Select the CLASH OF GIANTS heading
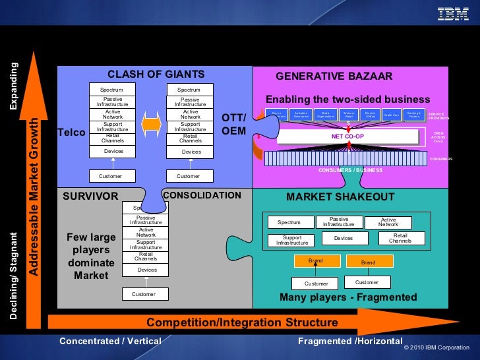pyautogui.click(x=156, y=74)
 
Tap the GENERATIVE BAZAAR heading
pyautogui.click(x=334, y=76)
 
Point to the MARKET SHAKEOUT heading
pyautogui.click(x=340, y=197)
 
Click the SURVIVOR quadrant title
pyautogui.click(x=90, y=196)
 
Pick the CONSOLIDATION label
pyautogui.click(x=202, y=196)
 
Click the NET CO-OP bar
pyautogui.click(x=347, y=136)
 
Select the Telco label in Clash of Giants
pyautogui.click(x=72, y=133)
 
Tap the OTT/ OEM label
pyautogui.click(x=233, y=124)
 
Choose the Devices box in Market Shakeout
pyautogui.click(x=343, y=238)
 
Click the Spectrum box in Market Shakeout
pyautogui.click(x=289, y=222)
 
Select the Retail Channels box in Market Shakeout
pyautogui.click(x=402, y=238)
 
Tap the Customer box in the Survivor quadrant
pyautogui.click(x=144, y=294)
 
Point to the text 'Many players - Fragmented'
pyautogui.click(x=348, y=297)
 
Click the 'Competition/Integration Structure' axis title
pyautogui.click(x=242, y=322)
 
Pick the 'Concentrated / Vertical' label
pyautogui.click(x=110, y=341)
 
